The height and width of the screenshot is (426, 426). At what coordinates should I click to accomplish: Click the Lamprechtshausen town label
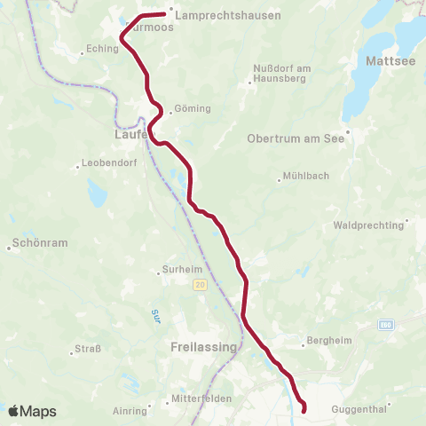[x=228, y=15]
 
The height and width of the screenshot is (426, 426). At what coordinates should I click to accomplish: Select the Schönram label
[x=38, y=242]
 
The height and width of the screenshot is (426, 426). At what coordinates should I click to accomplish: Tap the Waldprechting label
[x=370, y=225]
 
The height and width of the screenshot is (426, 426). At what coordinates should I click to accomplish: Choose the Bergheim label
[x=323, y=341]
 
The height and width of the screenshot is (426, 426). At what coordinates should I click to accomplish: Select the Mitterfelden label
[x=201, y=399]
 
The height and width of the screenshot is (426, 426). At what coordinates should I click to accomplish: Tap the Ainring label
[x=130, y=411]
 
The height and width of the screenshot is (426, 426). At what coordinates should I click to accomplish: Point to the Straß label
[x=86, y=349]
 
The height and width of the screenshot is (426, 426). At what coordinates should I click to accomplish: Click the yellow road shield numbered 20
[x=201, y=284]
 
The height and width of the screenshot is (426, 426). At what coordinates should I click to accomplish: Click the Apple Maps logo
[x=32, y=411]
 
